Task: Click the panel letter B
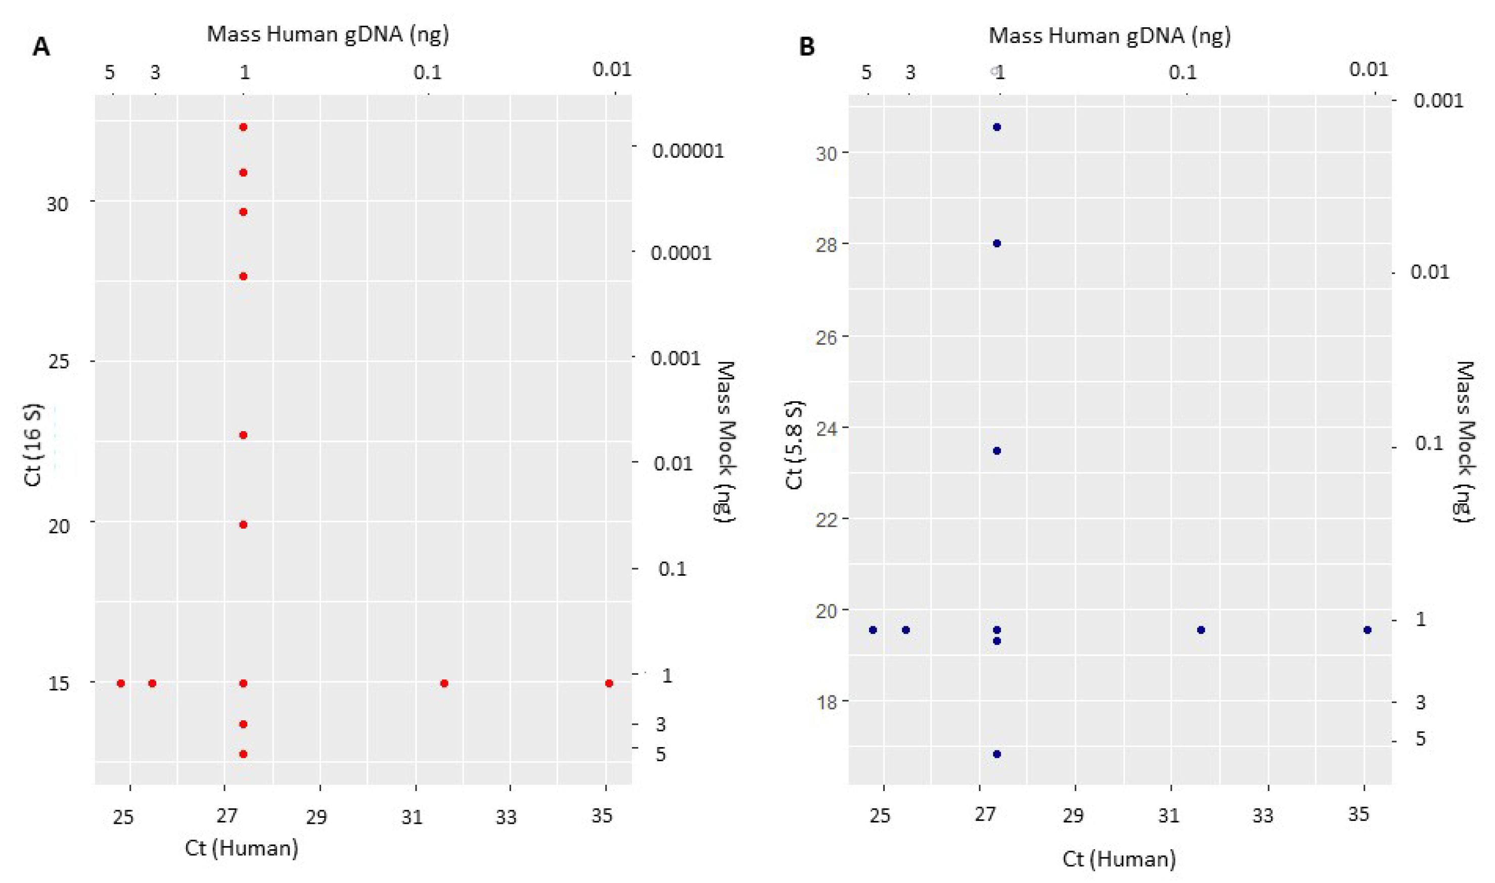click(x=806, y=46)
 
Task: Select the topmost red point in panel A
click(x=243, y=127)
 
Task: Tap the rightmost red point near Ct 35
click(x=609, y=683)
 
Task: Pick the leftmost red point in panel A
click(x=121, y=683)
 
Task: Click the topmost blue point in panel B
click(x=997, y=127)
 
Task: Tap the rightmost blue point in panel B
click(x=1367, y=630)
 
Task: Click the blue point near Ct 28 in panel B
click(x=997, y=243)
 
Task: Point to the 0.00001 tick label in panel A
click(x=688, y=151)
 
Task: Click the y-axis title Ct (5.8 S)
click(x=794, y=445)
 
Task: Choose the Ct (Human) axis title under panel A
click(x=241, y=847)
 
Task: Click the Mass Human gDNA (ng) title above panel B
click(x=1109, y=36)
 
